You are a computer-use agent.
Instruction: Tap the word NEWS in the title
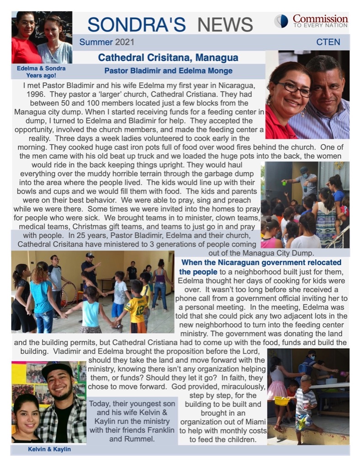click(x=225, y=24)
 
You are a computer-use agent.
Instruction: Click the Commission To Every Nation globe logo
click(x=281, y=21)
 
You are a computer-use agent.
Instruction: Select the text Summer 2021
click(x=106, y=42)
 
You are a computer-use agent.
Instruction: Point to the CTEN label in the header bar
click(x=328, y=42)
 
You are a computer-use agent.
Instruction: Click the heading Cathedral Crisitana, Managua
click(x=168, y=58)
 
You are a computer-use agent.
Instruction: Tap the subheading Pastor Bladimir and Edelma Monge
click(x=168, y=71)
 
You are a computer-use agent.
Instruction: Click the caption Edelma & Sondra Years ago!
click(x=42, y=72)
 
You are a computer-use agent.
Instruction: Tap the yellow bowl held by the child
click(x=281, y=401)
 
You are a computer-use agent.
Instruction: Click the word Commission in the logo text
click(x=320, y=19)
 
